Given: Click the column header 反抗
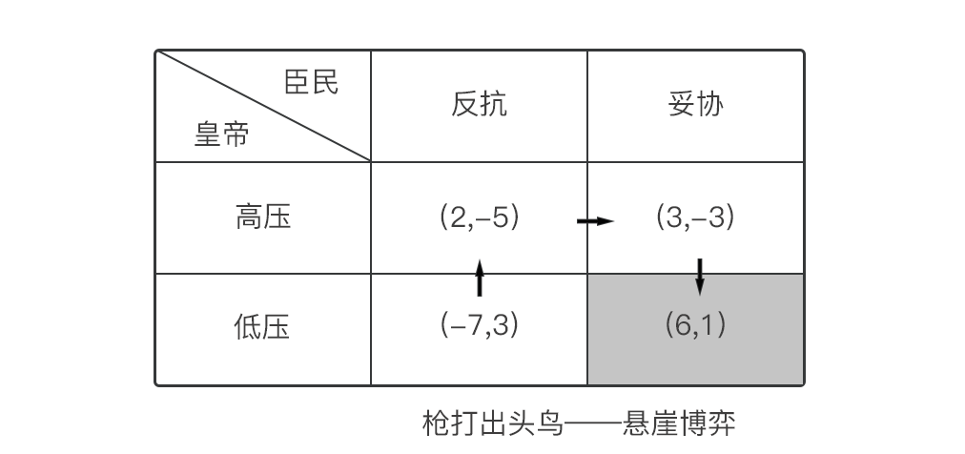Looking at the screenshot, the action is pyautogui.click(x=479, y=105).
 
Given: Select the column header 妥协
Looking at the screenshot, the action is pyautogui.click(x=696, y=105).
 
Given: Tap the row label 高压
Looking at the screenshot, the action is pyautogui.click(x=263, y=218).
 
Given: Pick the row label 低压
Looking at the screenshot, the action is pyautogui.click(x=263, y=328).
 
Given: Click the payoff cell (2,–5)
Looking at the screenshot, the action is pyautogui.click(x=479, y=218).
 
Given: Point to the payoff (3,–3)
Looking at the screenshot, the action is pyautogui.click(x=695, y=218).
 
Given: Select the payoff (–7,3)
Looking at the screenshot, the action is pyautogui.click(x=479, y=326).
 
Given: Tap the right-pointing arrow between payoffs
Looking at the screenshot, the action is pyautogui.click(x=595, y=221).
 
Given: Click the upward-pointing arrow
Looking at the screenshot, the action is pyautogui.click(x=479, y=277).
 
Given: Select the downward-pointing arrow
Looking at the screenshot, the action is pyautogui.click(x=700, y=275).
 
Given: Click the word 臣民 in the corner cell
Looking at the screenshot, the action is pyautogui.click(x=311, y=83).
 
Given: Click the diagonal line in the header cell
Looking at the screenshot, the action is pyautogui.click(x=263, y=106).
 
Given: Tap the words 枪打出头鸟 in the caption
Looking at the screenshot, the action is pyautogui.click(x=493, y=423).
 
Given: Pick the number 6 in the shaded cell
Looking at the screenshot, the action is pyautogui.click(x=681, y=326).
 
